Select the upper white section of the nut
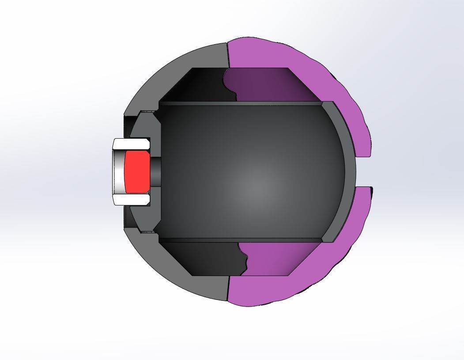(x=132, y=144)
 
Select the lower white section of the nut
(x=132, y=200)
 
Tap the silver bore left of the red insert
(x=118, y=171)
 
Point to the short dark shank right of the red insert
(x=155, y=171)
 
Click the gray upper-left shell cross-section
(x=177, y=66)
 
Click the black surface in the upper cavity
(x=199, y=86)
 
